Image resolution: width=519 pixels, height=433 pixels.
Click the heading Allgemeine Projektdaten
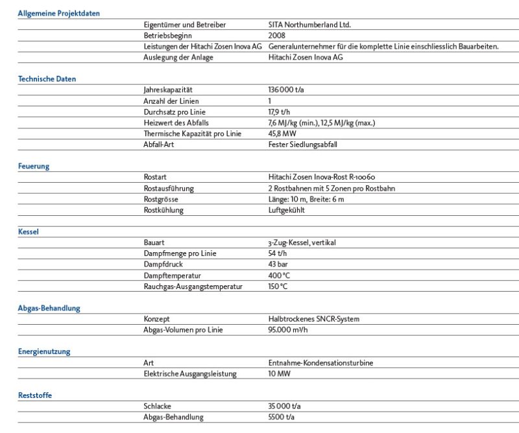(58, 13)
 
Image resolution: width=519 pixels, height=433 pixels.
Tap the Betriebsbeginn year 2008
(277, 36)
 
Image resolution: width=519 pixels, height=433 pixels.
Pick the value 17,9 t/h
(280, 112)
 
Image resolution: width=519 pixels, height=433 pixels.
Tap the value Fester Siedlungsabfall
(303, 145)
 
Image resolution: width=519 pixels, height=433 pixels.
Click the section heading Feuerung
(34, 166)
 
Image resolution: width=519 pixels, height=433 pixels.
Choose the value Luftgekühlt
(287, 210)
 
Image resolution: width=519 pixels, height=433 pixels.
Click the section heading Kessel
(29, 231)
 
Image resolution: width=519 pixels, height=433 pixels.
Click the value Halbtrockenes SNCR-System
(313, 320)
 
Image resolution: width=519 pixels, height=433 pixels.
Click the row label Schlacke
(157, 406)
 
